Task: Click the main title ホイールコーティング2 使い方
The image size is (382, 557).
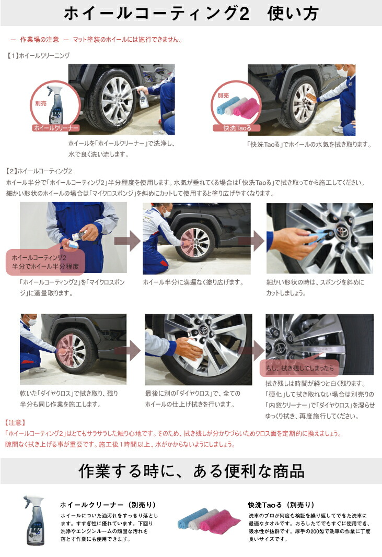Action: (x=191, y=14)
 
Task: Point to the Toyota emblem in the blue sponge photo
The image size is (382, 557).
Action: (x=340, y=233)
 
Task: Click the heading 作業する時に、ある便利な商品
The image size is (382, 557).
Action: (x=191, y=471)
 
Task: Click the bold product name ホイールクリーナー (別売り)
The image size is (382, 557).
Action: (x=108, y=505)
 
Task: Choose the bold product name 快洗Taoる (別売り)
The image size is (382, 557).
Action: (x=281, y=505)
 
